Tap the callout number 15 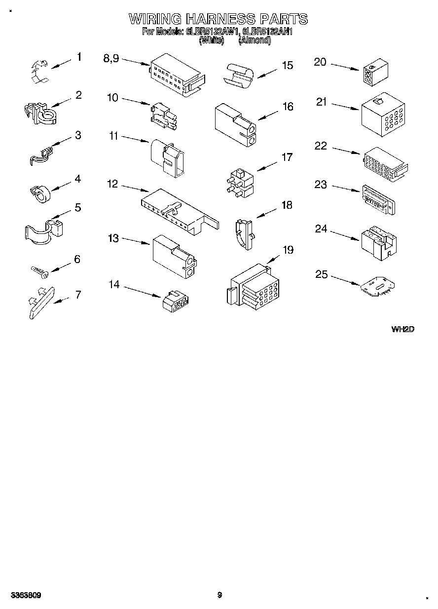point(287,66)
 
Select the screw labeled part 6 point(38,270)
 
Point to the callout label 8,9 point(111,58)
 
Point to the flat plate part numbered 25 point(378,288)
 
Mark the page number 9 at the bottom point(220,595)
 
